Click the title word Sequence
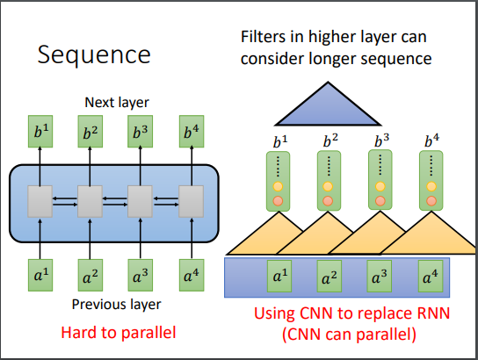click(x=94, y=55)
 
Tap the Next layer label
click(x=117, y=103)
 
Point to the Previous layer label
click(x=116, y=305)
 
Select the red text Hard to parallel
click(x=119, y=332)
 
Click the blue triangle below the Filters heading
click(x=328, y=106)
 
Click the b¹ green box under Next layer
click(x=40, y=132)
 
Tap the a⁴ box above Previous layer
click(x=192, y=275)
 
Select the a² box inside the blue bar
click(x=330, y=277)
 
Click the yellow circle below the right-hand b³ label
click(x=380, y=186)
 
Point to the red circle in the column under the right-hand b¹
click(x=278, y=201)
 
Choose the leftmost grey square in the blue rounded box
click(x=40, y=201)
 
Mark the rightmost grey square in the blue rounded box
click(x=192, y=201)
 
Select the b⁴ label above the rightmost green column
click(x=431, y=140)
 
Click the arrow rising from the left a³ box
click(x=141, y=239)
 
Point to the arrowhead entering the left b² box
click(x=90, y=148)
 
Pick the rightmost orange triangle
click(x=428, y=233)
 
